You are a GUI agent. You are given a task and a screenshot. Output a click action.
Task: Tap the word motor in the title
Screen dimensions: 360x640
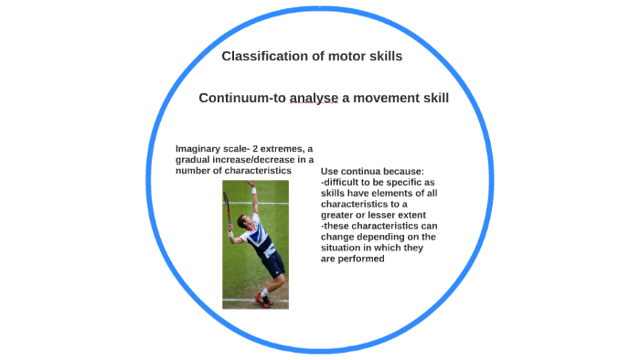(x=340, y=57)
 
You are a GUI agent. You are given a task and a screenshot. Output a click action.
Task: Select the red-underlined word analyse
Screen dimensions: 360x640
(x=314, y=98)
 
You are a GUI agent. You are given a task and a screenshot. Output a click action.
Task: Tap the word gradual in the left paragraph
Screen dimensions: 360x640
(x=195, y=160)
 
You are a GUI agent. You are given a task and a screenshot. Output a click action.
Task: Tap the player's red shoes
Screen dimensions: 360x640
(x=264, y=299)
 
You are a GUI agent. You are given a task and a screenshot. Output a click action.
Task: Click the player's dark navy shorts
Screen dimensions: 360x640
(x=272, y=264)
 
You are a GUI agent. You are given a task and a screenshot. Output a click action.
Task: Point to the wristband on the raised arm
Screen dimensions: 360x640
(x=253, y=191)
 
